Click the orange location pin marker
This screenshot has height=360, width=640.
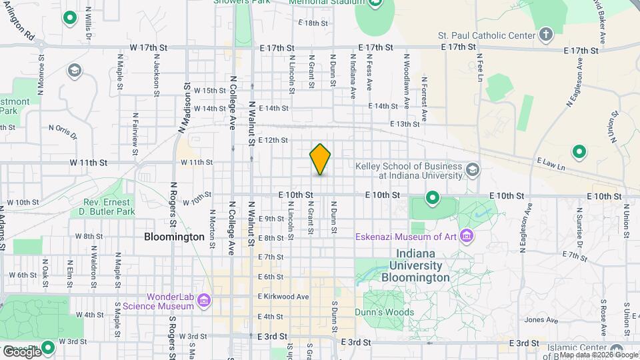[x=320, y=159]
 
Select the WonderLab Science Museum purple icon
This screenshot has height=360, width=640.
[x=204, y=301]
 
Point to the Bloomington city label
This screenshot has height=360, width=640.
[x=175, y=237]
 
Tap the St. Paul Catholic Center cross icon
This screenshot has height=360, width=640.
[x=546, y=35]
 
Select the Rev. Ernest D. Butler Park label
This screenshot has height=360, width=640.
[x=109, y=207]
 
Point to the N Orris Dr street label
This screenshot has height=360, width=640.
[x=63, y=129]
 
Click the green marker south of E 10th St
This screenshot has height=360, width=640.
[x=432, y=198]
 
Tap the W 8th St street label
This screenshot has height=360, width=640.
[x=89, y=236]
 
